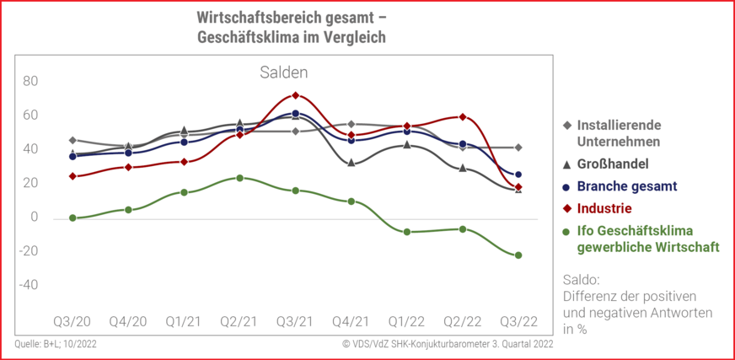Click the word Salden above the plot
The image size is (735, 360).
coord(283,73)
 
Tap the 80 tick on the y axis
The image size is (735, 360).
coord(30,81)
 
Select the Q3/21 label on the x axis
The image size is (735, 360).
coord(294,322)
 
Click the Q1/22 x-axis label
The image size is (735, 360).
coord(405,322)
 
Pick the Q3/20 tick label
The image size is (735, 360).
coord(72,322)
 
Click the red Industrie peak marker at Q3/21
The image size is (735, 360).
coord(295,95)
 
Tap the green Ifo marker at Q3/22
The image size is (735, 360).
coord(518,255)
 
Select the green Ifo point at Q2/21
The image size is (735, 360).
coord(239,178)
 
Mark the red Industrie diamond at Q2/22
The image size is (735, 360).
coord(463,117)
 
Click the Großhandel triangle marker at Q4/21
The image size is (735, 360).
coord(351,163)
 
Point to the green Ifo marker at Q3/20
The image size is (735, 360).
coord(72,218)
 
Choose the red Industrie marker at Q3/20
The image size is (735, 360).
coord(72,176)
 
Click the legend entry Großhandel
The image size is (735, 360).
coord(614,164)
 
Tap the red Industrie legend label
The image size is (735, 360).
coord(604,207)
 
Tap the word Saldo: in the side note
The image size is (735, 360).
coord(581,279)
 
